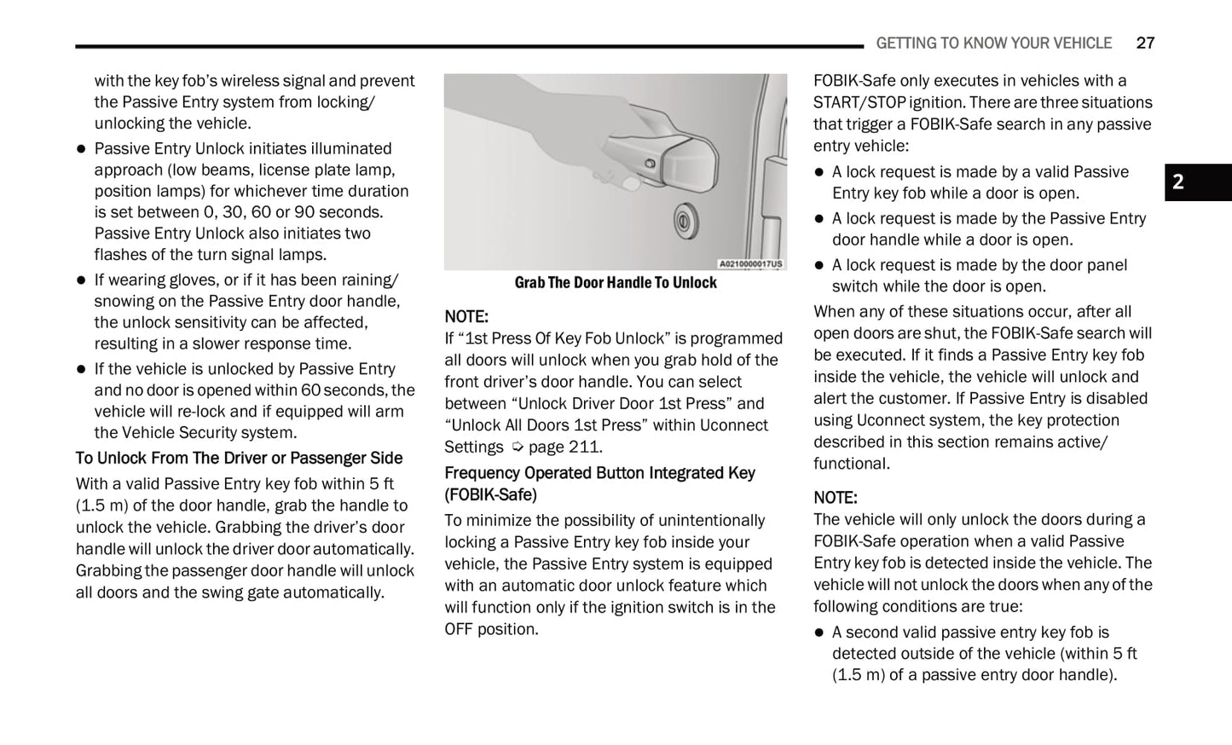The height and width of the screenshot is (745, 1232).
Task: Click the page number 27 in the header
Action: click(x=1145, y=43)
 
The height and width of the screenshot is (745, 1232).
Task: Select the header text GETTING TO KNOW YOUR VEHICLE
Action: click(x=993, y=43)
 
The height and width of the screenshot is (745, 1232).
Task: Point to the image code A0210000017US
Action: click(x=750, y=264)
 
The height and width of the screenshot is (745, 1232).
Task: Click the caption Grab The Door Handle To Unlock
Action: click(x=615, y=283)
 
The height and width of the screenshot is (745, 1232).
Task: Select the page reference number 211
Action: click(x=584, y=447)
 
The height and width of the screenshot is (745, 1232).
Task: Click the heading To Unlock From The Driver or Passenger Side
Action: click(x=239, y=459)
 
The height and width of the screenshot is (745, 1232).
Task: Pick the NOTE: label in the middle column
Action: click(x=466, y=317)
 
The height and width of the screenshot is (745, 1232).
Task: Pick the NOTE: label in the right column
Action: click(x=836, y=498)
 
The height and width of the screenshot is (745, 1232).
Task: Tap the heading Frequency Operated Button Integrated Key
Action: click(x=599, y=473)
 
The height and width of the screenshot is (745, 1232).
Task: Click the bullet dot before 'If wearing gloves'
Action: click(x=82, y=280)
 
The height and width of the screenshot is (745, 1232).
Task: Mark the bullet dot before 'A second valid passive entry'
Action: click(x=819, y=632)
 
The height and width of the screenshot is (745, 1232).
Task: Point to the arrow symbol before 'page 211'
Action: click(x=517, y=448)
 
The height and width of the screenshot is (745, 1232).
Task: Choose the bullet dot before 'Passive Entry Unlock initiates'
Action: click(x=82, y=149)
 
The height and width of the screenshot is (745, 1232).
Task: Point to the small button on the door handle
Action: click(x=651, y=163)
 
